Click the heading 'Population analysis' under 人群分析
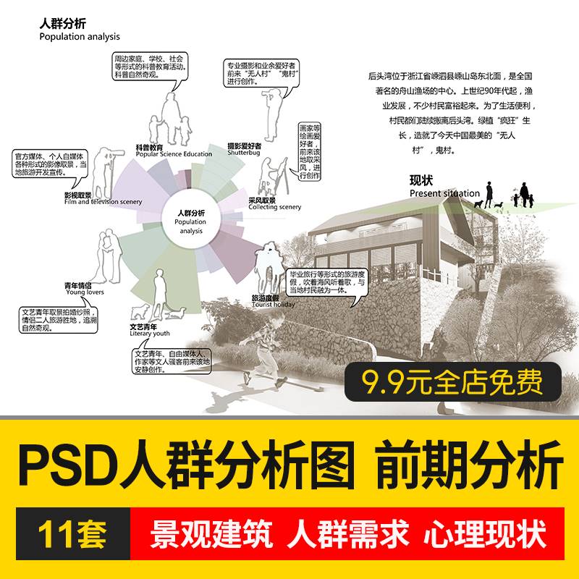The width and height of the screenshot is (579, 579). [x=80, y=36]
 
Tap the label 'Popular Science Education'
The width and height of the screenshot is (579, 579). [x=174, y=154]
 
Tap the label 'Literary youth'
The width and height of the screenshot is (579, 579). [x=151, y=334]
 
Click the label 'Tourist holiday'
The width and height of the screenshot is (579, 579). [x=274, y=305]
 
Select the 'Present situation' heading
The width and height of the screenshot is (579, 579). [x=444, y=193]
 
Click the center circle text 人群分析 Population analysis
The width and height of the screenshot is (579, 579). [x=191, y=221]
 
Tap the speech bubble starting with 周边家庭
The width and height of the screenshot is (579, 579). [x=150, y=66]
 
